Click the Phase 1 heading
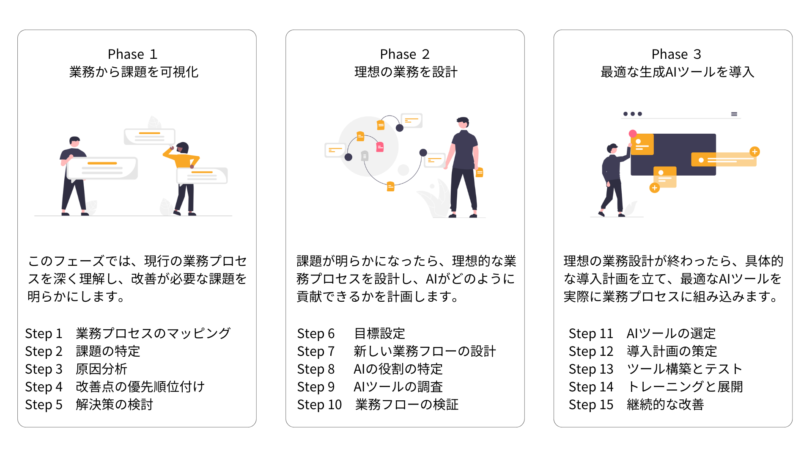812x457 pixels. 132,54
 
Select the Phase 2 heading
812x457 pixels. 405,54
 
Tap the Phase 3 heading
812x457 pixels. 676,54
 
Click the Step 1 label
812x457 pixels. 44,333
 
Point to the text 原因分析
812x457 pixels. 101,369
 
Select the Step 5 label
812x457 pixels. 44,405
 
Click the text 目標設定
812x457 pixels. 379,333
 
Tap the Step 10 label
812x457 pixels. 319,405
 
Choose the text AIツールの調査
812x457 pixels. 398,387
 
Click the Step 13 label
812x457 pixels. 591,369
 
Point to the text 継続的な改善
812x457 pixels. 665,405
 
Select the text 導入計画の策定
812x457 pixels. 672,351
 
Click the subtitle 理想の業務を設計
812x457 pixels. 406,72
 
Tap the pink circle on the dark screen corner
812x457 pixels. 633,134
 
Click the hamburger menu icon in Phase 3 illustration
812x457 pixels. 734,114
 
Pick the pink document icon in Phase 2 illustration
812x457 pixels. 380,147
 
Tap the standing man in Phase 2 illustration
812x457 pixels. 464,167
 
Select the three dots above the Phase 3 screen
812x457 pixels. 633,114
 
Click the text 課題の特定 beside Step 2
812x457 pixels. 108,351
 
